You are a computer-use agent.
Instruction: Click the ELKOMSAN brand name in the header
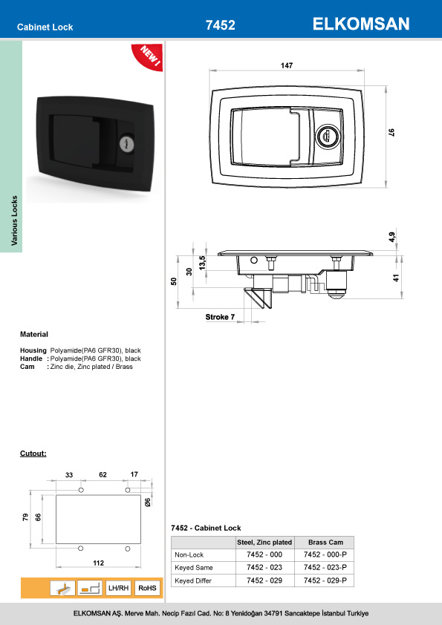(362, 24)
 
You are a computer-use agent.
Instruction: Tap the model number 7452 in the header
(220, 25)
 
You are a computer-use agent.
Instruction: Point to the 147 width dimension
(287, 66)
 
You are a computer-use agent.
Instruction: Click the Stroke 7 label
(220, 317)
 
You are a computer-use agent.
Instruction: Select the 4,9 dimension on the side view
(392, 238)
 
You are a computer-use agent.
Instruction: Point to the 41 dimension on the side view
(396, 278)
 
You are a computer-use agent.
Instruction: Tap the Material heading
(33, 335)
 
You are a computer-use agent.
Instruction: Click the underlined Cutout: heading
(33, 453)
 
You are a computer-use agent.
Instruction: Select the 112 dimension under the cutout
(98, 563)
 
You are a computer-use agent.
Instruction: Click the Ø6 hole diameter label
(148, 503)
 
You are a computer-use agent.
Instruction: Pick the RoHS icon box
(148, 588)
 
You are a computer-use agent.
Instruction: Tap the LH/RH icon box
(119, 588)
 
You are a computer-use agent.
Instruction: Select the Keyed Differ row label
(192, 579)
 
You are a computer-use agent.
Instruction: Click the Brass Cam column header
(325, 542)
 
